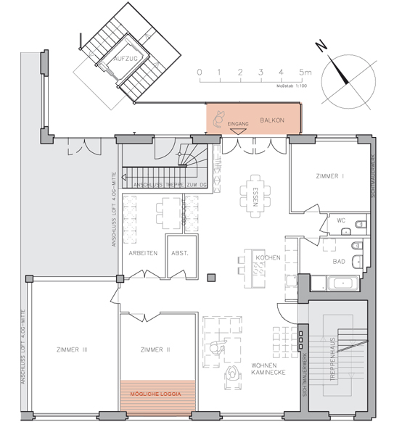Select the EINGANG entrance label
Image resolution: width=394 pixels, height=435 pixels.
tap(238, 125)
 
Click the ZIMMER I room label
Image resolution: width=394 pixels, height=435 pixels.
tap(330, 176)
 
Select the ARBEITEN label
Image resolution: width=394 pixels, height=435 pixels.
tap(144, 254)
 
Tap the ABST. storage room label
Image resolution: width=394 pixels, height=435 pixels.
tap(180, 254)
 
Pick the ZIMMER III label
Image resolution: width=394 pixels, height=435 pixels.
tap(72, 350)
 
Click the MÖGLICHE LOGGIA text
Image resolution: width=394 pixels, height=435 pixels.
tap(158, 395)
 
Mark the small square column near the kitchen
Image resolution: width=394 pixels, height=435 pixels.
tap(210, 276)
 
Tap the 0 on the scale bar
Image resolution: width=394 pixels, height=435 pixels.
tap(199, 72)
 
